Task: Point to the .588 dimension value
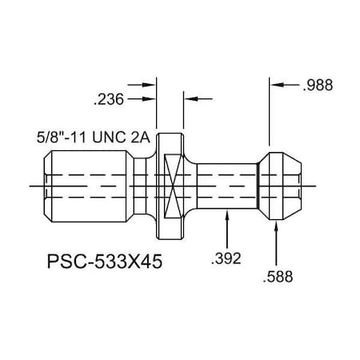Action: click(278, 278)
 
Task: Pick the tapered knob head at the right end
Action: click(283, 185)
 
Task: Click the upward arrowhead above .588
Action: click(277, 227)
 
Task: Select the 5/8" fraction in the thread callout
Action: click(51, 137)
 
